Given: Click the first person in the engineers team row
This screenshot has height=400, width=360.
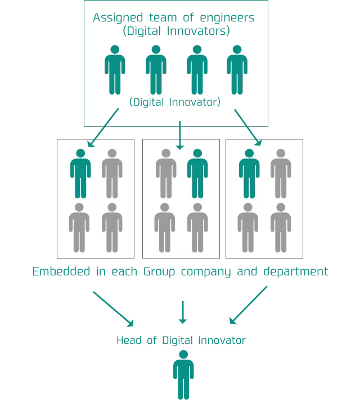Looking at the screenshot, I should (114, 70).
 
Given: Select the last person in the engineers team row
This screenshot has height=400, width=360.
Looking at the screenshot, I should (237, 70).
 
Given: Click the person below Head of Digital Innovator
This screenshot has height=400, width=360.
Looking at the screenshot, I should (183, 374).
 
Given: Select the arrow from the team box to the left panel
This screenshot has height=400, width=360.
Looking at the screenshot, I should (106, 127).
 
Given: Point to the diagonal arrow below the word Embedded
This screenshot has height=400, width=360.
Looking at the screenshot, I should (112, 308).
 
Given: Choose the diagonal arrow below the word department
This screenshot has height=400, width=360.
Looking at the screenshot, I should (249, 306).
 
